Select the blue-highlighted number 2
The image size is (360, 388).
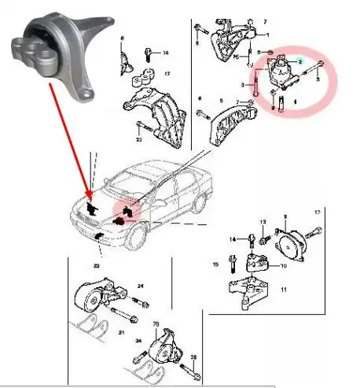pos(299,61)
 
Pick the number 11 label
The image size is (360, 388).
pos(283,290)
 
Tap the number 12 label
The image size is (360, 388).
pos(318,213)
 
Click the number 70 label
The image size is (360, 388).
pos(156,323)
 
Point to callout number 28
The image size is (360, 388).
pos(193,357)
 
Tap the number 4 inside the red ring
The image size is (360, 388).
pos(295,102)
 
